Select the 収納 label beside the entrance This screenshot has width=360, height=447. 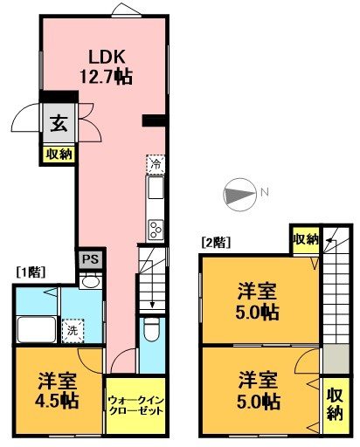(59, 154)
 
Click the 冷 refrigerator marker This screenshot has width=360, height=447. (155, 163)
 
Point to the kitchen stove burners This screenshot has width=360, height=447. (155, 230)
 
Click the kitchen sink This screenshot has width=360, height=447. (155, 189)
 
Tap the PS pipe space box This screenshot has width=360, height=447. (89, 258)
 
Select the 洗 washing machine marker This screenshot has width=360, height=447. (73, 332)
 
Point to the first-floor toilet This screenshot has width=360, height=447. (149, 331)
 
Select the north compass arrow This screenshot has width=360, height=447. (237, 194)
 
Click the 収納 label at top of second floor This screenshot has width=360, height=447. (304, 239)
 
